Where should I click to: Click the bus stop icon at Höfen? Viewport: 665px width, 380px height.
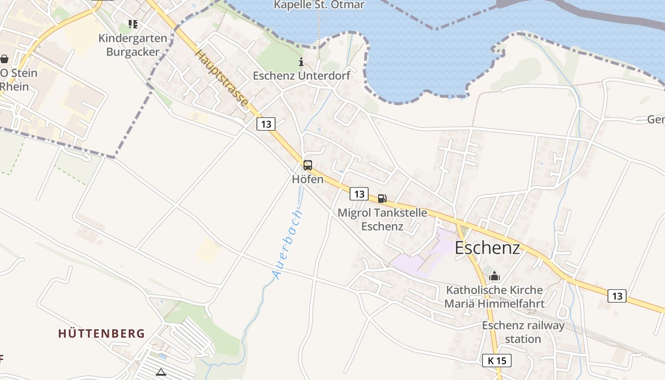[308, 165]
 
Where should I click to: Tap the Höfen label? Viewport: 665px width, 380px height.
[308, 179]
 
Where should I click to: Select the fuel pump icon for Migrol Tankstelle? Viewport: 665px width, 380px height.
[382, 199]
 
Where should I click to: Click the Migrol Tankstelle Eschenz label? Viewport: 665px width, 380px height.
[382, 219]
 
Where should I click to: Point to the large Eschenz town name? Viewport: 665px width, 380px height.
[487, 247]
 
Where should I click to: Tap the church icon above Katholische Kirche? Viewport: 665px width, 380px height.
[494, 275]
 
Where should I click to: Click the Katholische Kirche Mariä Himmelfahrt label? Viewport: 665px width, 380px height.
[494, 296]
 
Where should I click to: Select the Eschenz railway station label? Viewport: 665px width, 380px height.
[523, 332]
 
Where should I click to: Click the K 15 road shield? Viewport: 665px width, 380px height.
[497, 361]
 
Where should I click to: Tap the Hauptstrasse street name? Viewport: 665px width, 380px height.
[221, 78]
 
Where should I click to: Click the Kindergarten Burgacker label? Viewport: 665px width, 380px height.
[133, 45]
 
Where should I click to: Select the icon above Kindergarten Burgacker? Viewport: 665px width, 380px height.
[133, 24]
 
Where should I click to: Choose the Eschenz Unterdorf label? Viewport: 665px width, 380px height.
[301, 76]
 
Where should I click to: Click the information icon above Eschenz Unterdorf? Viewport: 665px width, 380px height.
[301, 62]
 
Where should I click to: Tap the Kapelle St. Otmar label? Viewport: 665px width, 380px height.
[319, 5]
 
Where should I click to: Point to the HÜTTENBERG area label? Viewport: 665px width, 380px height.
[102, 333]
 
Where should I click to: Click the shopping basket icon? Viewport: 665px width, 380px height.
[4, 59]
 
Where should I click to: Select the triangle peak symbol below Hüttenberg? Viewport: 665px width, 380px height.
[161, 372]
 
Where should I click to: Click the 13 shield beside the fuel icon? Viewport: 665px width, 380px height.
[359, 194]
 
